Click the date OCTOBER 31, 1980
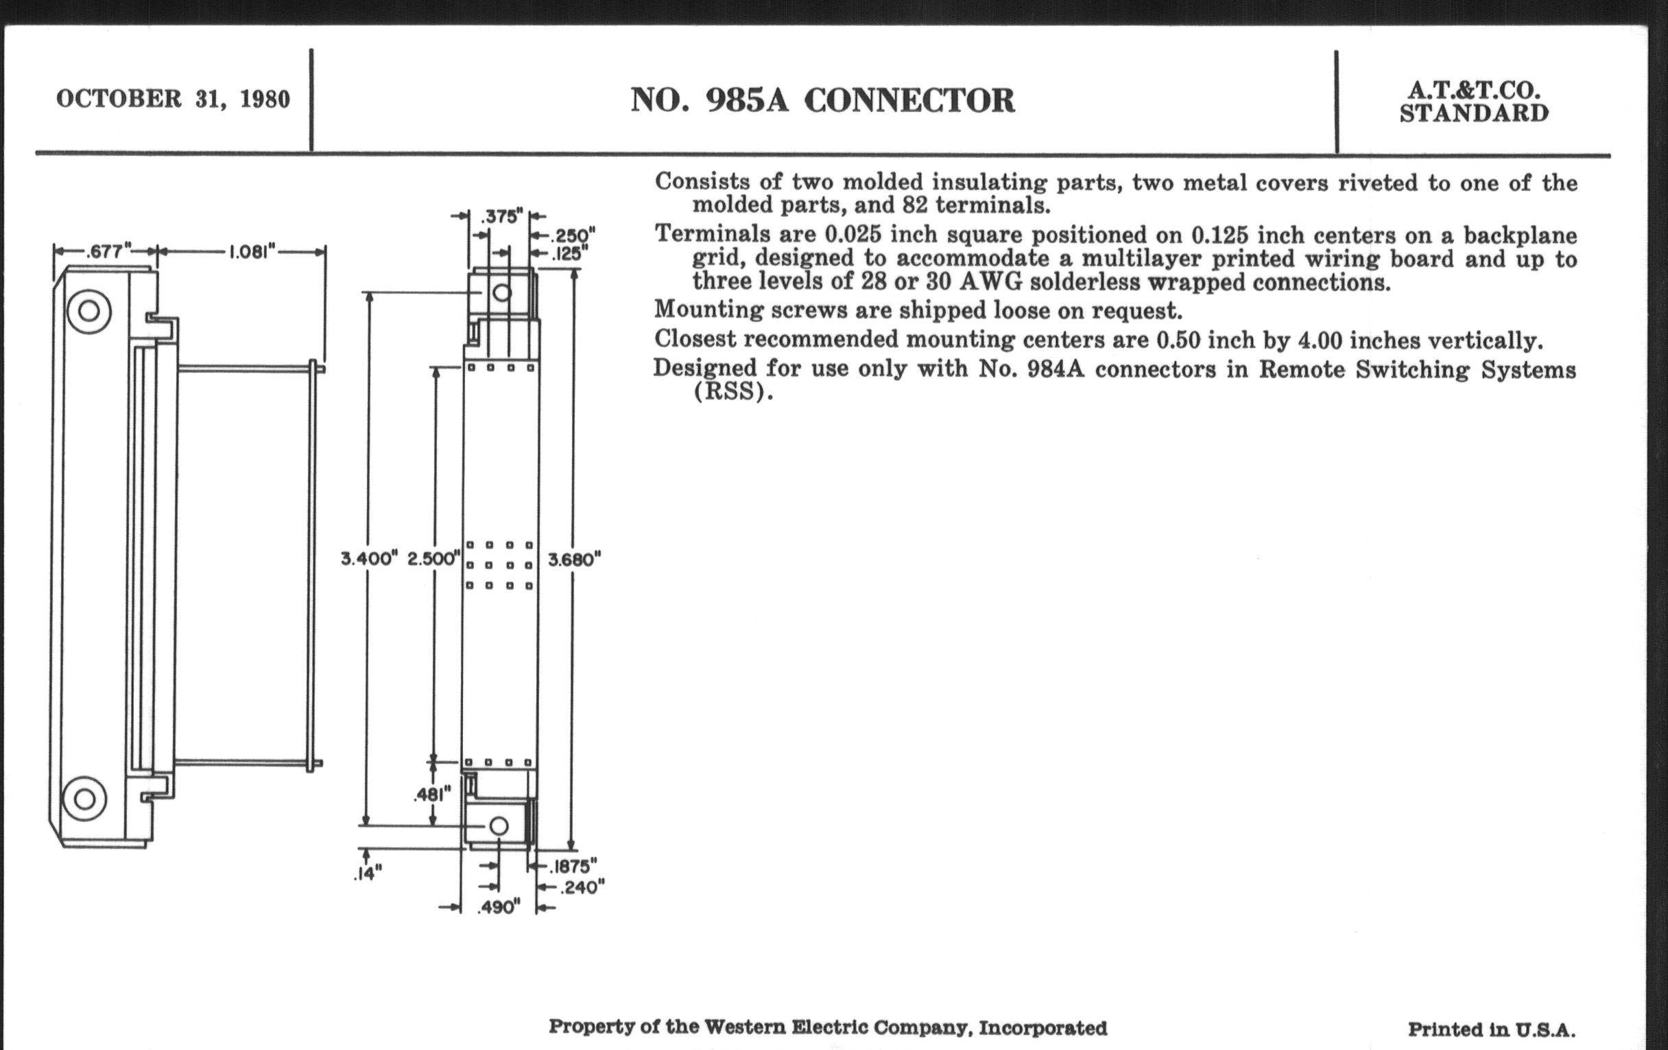click(173, 99)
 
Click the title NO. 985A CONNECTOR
click(822, 100)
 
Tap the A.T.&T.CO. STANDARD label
click(1474, 102)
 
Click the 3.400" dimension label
click(369, 559)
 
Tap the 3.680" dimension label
click(574, 559)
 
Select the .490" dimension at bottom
click(499, 907)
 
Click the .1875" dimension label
click(573, 866)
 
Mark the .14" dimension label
click(368, 874)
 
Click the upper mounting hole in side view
click(88, 310)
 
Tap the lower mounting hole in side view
click(84, 799)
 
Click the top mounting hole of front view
click(502, 292)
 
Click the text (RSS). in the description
click(733, 392)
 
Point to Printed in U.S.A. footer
click(1491, 1029)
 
